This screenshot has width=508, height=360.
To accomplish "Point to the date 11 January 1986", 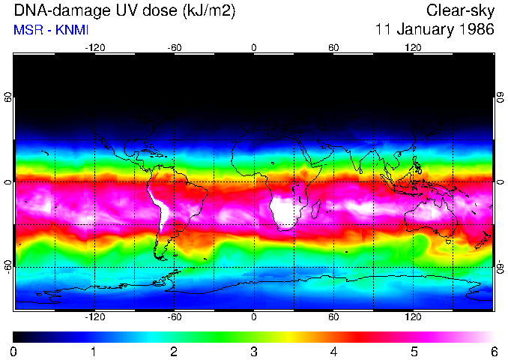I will (x=435, y=30).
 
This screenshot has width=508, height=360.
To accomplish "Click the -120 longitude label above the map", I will (x=94, y=47).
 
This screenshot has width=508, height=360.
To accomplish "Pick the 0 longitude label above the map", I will (x=254, y=47).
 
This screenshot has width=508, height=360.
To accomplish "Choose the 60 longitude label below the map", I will (x=333, y=316).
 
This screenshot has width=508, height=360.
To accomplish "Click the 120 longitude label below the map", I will (x=413, y=316).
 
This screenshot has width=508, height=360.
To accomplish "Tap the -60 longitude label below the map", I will (x=174, y=316).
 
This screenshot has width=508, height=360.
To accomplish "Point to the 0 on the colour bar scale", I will (x=14, y=352).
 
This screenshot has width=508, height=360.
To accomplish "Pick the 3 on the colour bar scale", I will (x=254, y=352).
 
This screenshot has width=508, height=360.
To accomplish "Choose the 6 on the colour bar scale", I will (x=493, y=352).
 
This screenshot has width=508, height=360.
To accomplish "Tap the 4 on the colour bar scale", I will (x=333, y=352).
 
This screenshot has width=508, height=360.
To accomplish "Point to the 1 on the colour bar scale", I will (x=94, y=352).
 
